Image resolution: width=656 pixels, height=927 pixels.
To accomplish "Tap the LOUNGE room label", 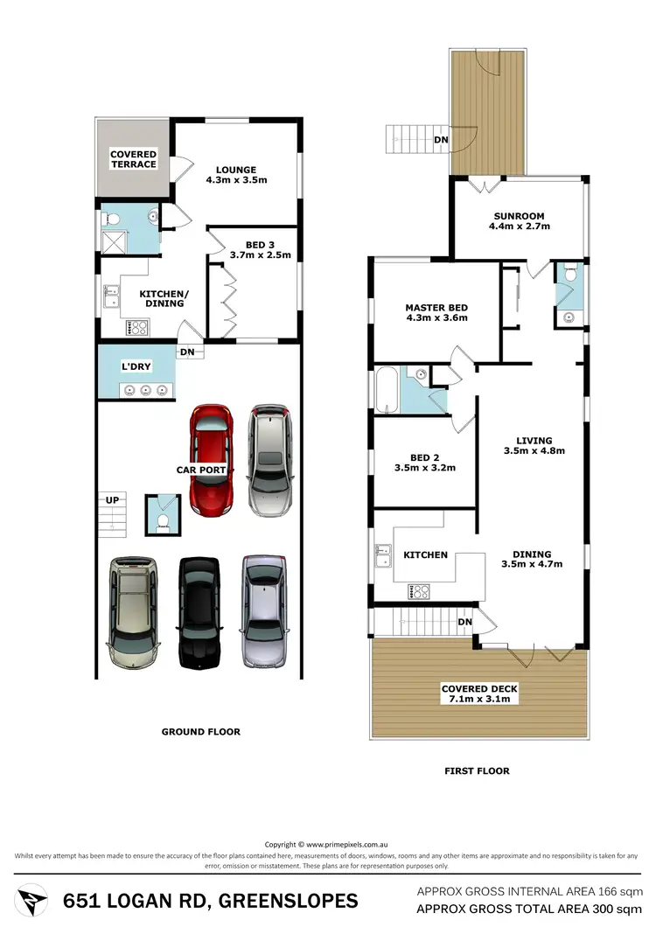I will coord(236,170).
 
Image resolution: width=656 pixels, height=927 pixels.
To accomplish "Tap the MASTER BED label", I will coord(436,308).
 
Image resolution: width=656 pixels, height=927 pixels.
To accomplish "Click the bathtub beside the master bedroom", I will coord(387,391).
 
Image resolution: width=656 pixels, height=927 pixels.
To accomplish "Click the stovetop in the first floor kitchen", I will coord(420,592).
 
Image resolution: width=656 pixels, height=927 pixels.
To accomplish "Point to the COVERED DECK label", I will coord(477,687).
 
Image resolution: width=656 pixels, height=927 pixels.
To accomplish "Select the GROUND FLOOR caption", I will coord(200,732).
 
